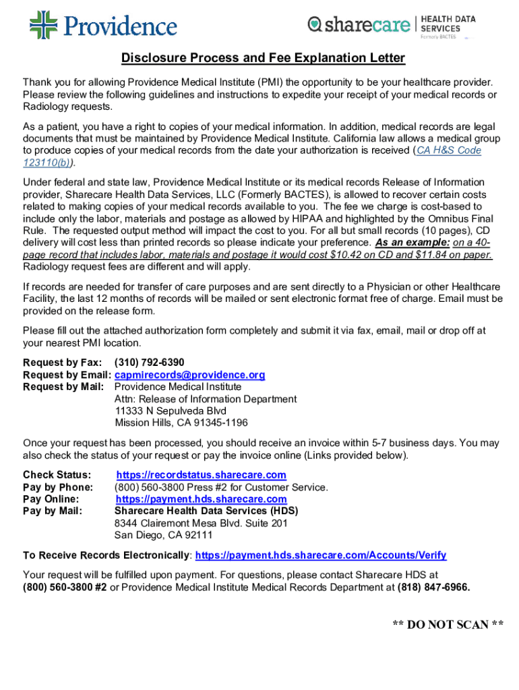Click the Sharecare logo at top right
tap(359, 25)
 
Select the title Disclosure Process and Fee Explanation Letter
tap(263, 59)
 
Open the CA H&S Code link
tap(449, 150)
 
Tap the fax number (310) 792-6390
tap(149, 363)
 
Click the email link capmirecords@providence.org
tap(189, 375)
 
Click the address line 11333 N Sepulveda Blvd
tap(171, 411)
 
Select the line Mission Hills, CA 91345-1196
tap(181, 423)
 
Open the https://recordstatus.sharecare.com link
tap(201, 475)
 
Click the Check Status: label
tap(57, 475)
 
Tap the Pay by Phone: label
tap(58, 487)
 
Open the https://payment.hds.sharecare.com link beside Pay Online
tap(201, 499)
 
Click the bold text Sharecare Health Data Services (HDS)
tap(206, 511)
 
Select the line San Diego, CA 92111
tap(163, 536)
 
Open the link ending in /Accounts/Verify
tap(320, 555)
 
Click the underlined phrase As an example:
tap(413, 243)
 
